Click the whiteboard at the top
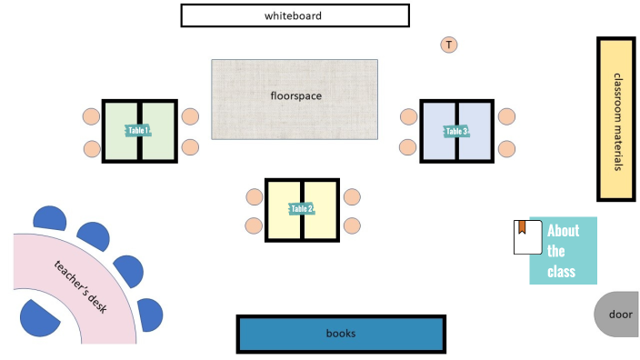(x=295, y=15)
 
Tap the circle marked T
(x=448, y=45)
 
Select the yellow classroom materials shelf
(x=615, y=119)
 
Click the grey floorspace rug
(x=295, y=99)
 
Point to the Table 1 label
(x=138, y=131)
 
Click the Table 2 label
(x=302, y=209)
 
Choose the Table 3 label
(x=456, y=131)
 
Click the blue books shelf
(x=341, y=334)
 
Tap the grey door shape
(x=618, y=315)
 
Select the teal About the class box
(x=564, y=251)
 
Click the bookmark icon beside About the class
(x=522, y=236)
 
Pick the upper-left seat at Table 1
(x=91, y=116)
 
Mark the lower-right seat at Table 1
(x=190, y=147)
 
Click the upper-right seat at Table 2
(x=353, y=196)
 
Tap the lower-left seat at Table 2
(x=254, y=225)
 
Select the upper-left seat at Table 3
(x=408, y=116)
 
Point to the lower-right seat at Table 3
(x=506, y=147)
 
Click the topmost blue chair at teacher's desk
(x=49, y=219)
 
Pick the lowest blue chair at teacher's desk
(x=38, y=319)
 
